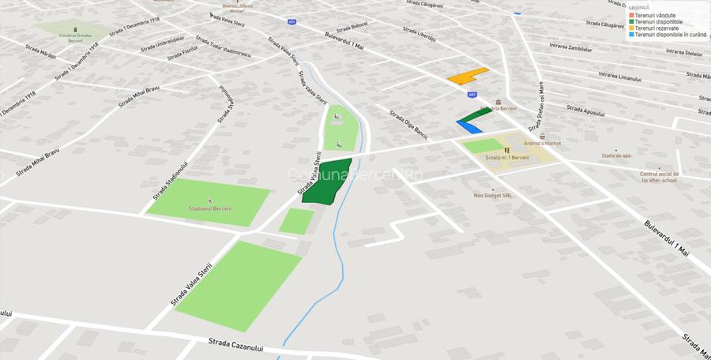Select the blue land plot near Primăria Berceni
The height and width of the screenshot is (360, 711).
point(468,127)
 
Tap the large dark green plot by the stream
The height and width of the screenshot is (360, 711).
point(327,182)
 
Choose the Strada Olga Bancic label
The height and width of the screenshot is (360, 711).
point(408,124)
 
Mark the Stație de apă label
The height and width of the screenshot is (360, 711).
point(616,155)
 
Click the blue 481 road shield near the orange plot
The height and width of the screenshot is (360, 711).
point(472,94)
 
